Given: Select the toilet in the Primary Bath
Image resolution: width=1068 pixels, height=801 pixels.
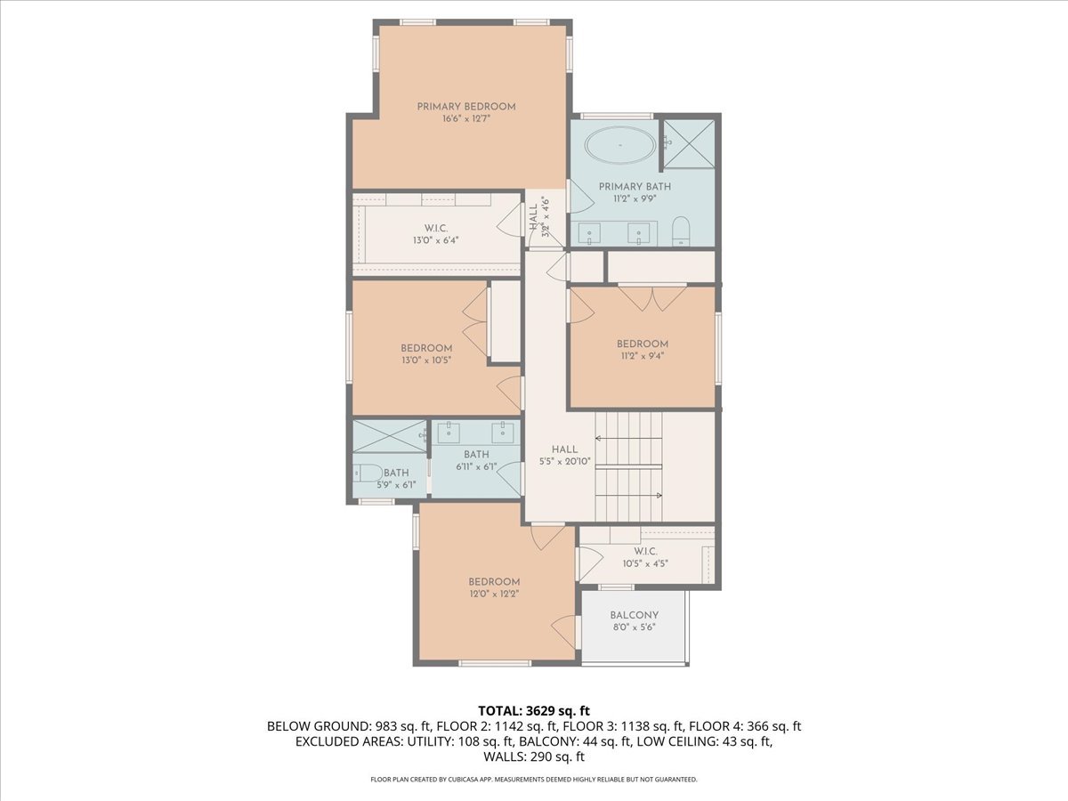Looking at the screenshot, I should click(681, 231).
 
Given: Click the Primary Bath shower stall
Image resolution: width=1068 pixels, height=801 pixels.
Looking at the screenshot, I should click(689, 144).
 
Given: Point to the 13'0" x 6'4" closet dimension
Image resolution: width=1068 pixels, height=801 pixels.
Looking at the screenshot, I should click(434, 240).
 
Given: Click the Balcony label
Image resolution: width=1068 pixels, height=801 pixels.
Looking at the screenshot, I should click(634, 615).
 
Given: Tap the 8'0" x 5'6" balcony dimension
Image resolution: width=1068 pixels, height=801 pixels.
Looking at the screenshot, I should click(634, 627).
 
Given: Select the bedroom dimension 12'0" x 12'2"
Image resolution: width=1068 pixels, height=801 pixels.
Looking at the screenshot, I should click(494, 594).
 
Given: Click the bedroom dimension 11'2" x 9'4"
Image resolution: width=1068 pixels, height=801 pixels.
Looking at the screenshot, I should click(642, 356).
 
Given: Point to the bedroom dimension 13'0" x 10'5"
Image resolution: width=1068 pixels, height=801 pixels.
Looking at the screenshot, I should click(426, 360).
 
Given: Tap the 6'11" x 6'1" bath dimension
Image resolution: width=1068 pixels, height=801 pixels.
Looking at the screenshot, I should click(476, 466).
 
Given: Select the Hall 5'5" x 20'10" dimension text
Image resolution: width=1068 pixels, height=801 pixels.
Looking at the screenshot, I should click(564, 461).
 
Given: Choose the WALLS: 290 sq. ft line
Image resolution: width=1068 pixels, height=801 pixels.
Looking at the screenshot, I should click(534, 757).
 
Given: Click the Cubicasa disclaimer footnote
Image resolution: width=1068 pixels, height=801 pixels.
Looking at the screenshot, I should click(534, 780).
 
